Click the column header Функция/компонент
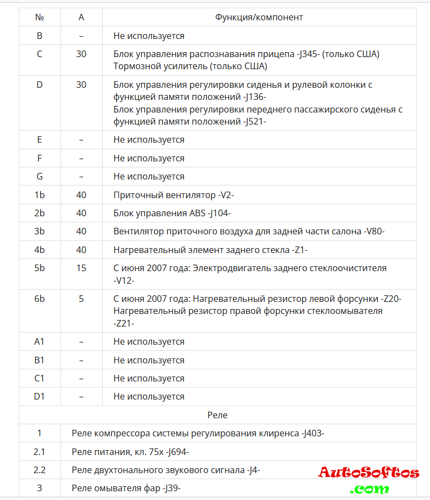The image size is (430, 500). [259, 17]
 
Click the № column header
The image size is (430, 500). [40, 17]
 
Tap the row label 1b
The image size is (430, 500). [40, 195]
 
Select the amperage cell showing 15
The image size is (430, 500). [81, 268]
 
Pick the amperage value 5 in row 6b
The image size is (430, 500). [81, 299]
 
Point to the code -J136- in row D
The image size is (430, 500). [254, 97]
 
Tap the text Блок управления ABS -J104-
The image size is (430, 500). [172, 213]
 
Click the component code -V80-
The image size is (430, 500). [374, 232]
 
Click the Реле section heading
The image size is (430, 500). [217, 415]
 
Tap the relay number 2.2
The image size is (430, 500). [40, 470]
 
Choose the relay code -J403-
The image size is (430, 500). [313, 433]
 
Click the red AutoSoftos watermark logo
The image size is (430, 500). [368, 473]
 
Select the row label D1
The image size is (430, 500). [40, 396]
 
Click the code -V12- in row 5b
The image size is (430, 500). [124, 280]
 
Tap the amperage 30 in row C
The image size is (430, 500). [81, 54]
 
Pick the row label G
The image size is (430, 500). [40, 176]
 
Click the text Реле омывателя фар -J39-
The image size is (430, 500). [126, 488]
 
